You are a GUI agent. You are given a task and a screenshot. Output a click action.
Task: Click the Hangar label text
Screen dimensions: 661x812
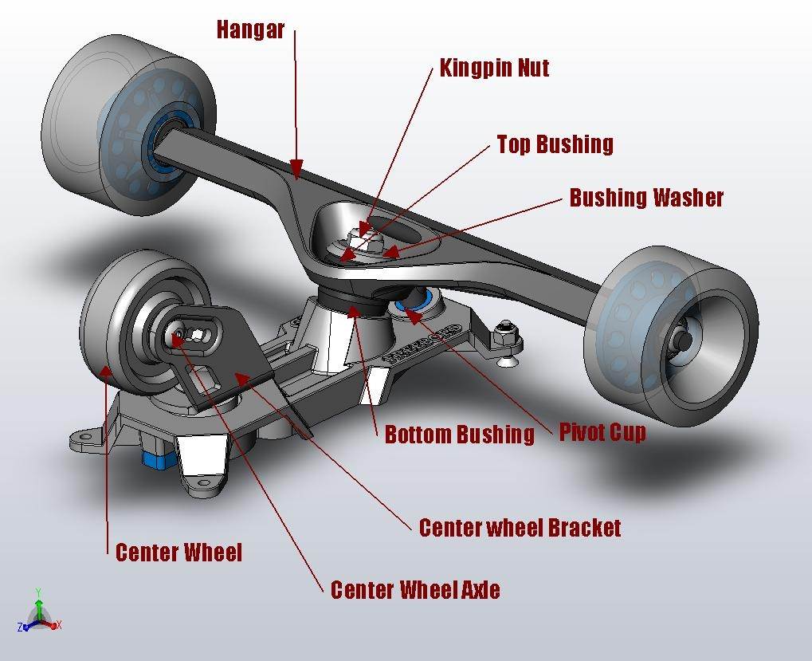click(250, 30)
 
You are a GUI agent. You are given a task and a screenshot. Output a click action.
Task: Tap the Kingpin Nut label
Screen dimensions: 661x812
click(494, 67)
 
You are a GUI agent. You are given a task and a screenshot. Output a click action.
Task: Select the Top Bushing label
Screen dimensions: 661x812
click(555, 144)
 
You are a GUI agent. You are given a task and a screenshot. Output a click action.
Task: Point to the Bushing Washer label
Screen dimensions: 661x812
click(646, 198)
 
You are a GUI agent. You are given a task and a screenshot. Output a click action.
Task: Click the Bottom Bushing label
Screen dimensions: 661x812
click(459, 435)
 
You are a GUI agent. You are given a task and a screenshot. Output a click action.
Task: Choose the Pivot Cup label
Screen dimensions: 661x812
click(602, 432)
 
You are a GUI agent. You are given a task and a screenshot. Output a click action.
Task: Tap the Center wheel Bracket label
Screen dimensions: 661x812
click(520, 528)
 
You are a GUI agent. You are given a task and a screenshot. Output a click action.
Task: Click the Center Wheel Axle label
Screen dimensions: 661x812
click(415, 590)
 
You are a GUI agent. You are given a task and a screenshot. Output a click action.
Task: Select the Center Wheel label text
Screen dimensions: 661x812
click(178, 553)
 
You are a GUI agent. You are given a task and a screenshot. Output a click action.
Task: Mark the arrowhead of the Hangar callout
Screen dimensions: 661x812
click(296, 169)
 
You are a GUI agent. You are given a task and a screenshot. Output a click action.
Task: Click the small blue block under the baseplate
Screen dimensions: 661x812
click(153, 458)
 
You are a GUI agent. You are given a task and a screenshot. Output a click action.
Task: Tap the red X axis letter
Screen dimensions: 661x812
click(59, 625)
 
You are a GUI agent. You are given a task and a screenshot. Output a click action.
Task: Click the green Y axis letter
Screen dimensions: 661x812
click(39, 593)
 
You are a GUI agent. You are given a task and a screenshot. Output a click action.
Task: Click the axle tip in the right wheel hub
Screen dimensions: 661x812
click(685, 337)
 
